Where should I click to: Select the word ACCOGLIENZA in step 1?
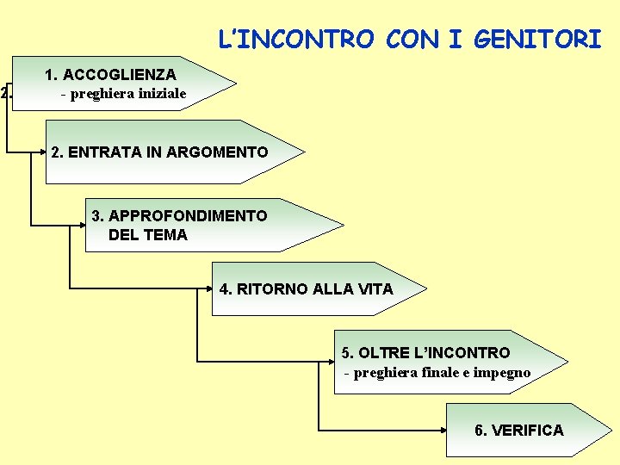121,75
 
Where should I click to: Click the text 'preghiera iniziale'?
128,94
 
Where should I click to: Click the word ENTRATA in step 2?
96,152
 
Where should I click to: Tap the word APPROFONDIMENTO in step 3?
188,215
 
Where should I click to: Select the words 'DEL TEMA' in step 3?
148,234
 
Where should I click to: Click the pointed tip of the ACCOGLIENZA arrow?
236,85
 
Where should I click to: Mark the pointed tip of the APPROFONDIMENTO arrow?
343,226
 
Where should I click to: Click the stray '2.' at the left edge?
6,92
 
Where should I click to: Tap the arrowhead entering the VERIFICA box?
442,430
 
